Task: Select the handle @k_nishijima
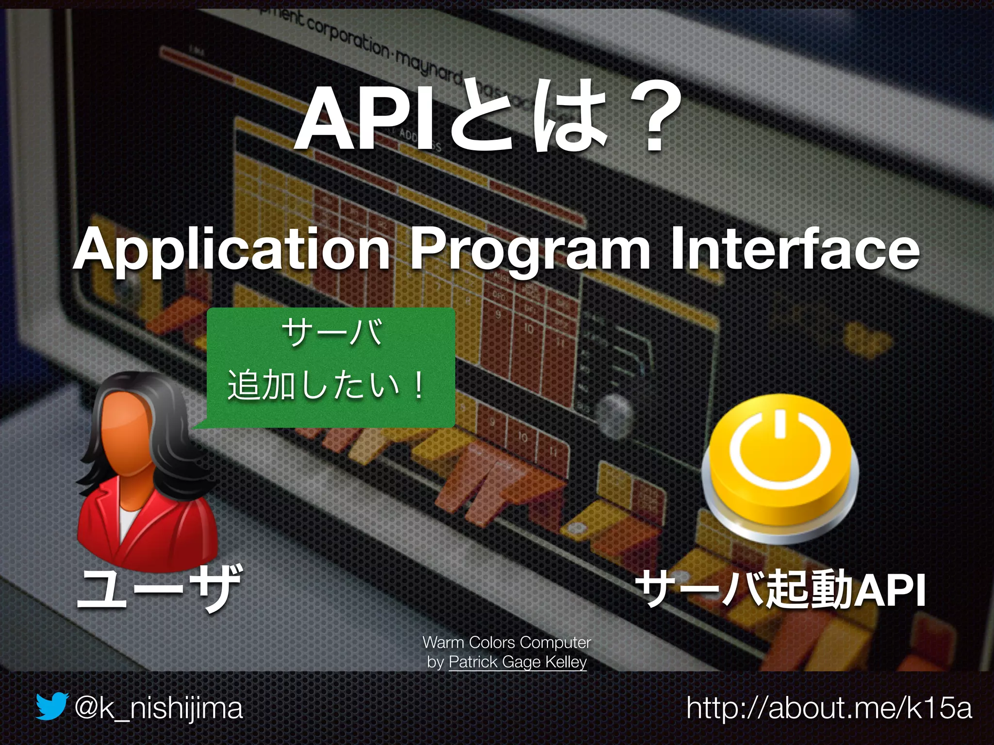pyautogui.click(x=158, y=708)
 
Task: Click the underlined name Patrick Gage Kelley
pyautogui.click(x=517, y=662)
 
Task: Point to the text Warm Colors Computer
pyautogui.click(x=507, y=642)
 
